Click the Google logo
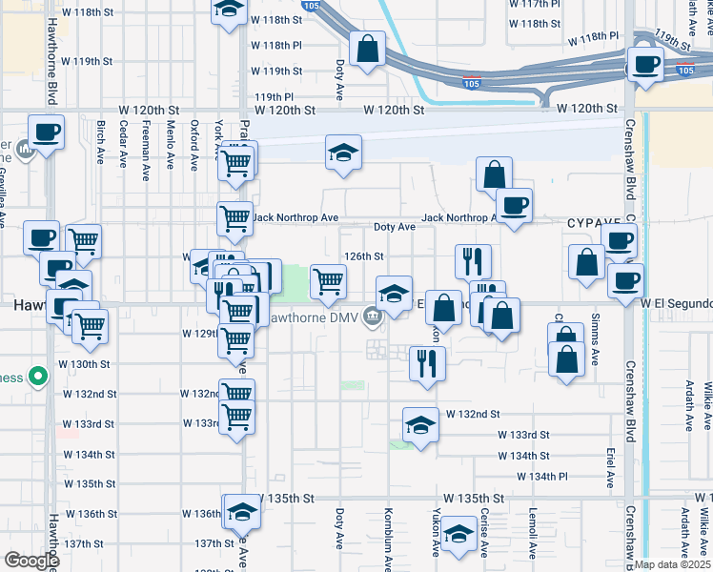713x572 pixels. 31,561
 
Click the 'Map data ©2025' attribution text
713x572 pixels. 673,564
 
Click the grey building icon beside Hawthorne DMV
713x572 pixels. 367,317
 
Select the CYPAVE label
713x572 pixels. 593,222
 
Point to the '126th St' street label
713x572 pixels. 364,256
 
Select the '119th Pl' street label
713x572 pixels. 274,96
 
